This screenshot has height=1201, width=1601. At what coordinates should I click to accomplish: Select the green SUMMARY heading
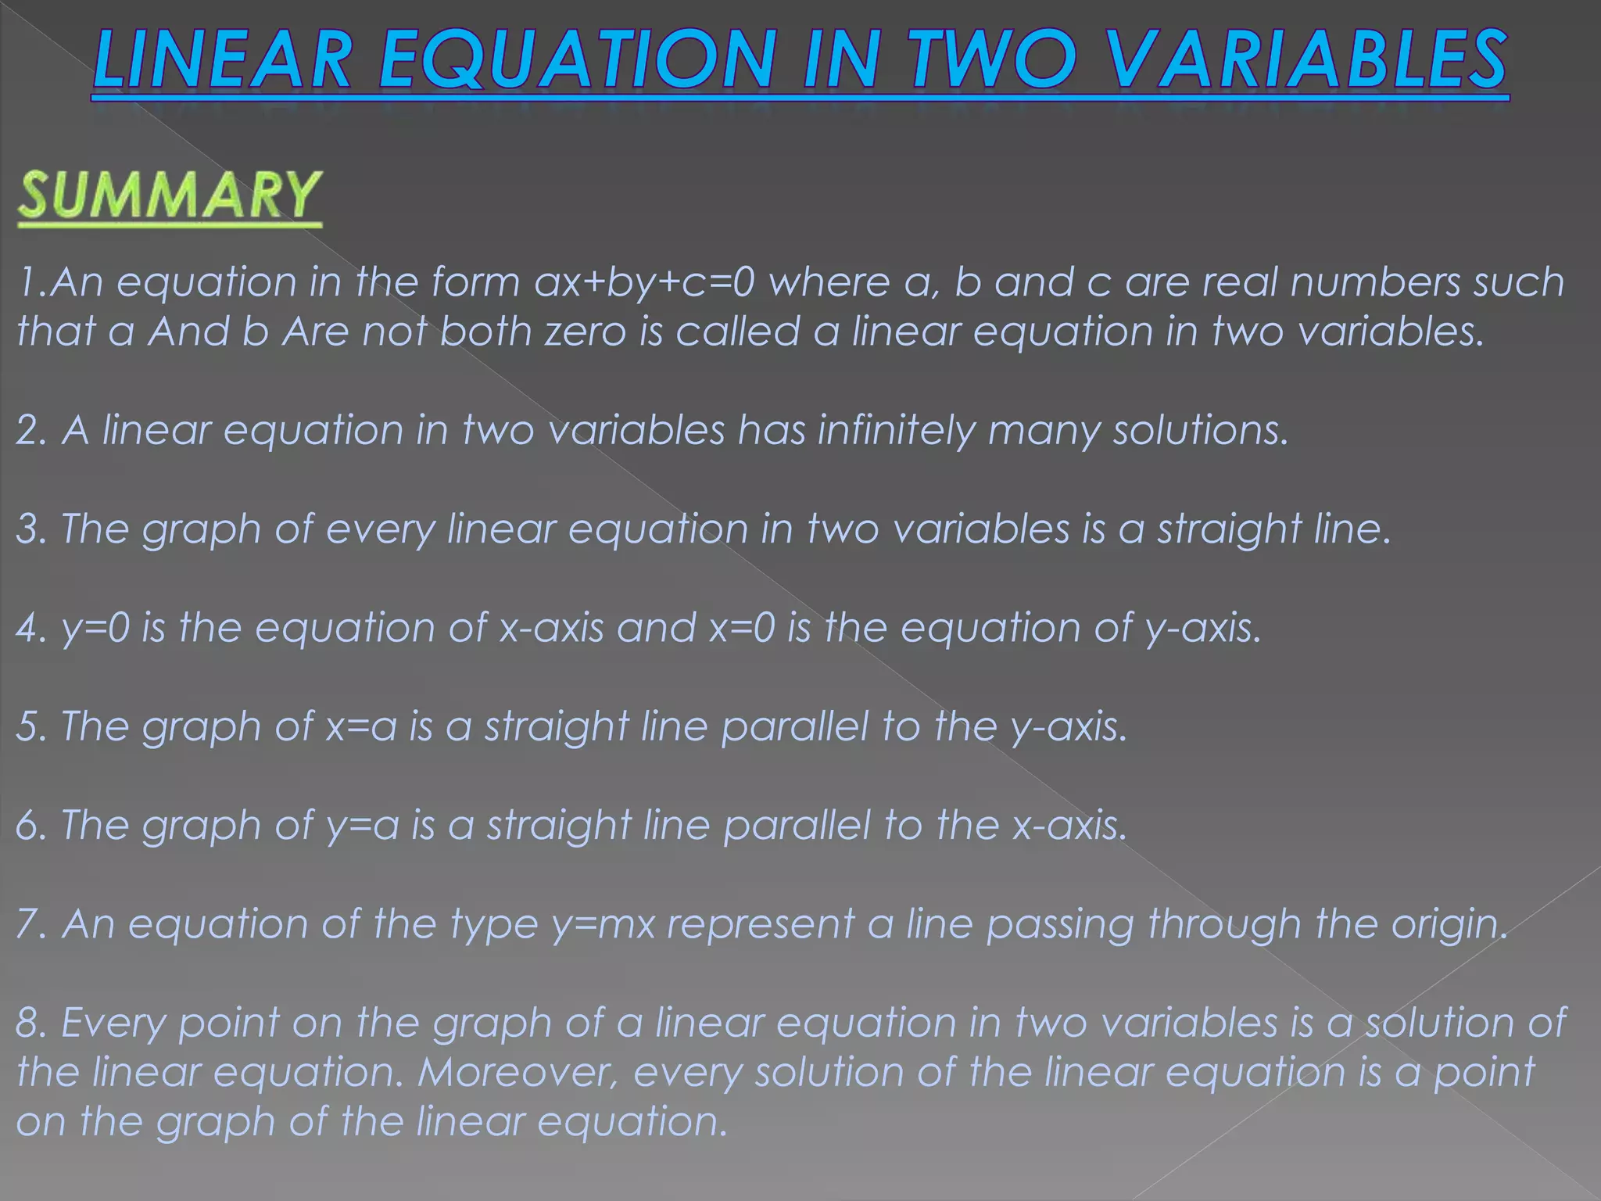point(169,195)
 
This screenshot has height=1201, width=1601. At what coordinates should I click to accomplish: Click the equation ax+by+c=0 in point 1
point(645,282)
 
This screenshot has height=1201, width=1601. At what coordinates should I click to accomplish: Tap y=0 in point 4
point(95,629)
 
